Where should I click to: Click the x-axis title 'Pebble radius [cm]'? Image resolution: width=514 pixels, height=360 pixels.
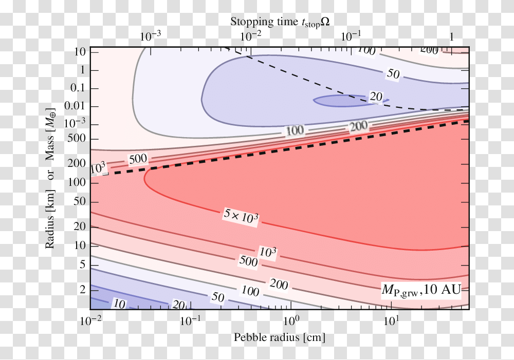click(x=280, y=337)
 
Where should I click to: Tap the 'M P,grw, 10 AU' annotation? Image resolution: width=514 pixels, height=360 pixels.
click(x=421, y=290)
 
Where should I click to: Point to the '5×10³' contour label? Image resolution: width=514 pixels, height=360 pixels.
click(x=241, y=217)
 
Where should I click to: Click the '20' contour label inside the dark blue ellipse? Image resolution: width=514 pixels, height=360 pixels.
click(x=376, y=97)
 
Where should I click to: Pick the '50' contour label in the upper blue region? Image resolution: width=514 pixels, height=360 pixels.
click(x=393, y=74)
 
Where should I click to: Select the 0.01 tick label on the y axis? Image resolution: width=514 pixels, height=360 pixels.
click(x=75, y=107)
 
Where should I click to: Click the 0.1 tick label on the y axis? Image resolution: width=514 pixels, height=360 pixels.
click(x=77, y=89)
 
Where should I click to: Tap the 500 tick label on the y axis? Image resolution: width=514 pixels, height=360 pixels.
click(x=76, y=139)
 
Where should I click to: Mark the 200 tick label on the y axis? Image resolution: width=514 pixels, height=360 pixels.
click(x=76, y=164)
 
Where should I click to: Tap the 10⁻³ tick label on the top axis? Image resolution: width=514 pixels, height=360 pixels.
click(x=150, y=36)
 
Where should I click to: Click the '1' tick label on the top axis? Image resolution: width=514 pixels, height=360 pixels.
click(x=451, y=37)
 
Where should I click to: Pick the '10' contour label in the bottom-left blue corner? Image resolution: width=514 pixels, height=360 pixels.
click(x=119, y=304)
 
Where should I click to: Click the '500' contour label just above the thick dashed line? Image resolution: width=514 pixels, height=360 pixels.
click(x=138, y=159)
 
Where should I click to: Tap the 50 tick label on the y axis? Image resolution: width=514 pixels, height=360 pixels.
click(x=78, y=201)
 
